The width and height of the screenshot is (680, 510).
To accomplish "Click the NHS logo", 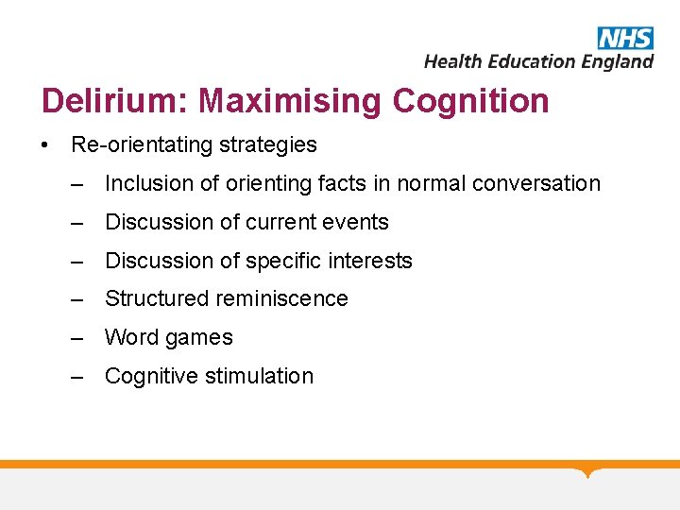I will pyautogui.click(x=624, y=38).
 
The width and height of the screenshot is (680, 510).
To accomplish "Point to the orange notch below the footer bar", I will pyautogui.click(x=588, y=471).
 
